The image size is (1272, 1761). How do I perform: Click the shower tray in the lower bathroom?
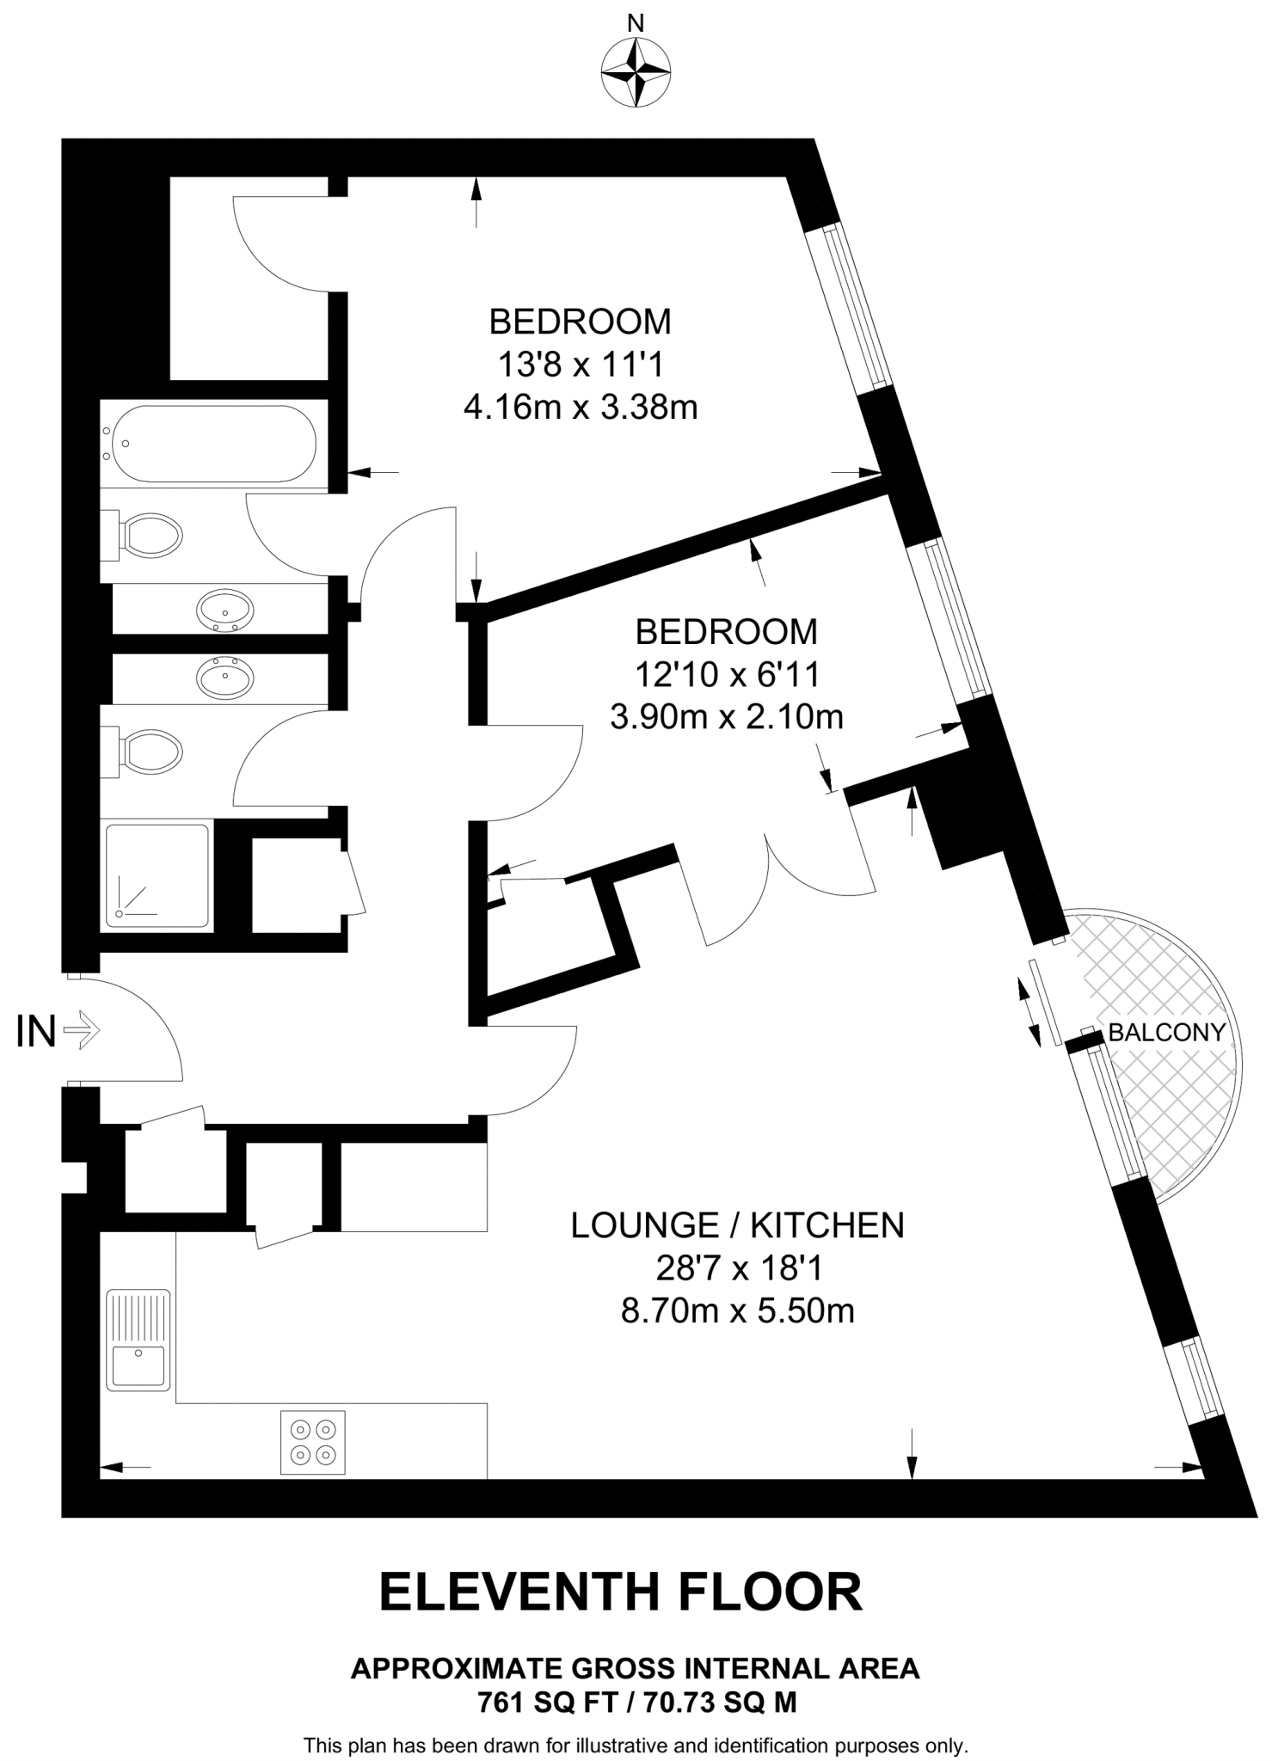point(157,876)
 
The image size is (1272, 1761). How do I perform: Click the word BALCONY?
point(1166,1032)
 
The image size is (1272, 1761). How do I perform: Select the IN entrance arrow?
point(82,1029)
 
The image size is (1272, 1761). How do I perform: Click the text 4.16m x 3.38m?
point(580,407)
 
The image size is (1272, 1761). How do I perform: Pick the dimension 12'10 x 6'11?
point(727,674)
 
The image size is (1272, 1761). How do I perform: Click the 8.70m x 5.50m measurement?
point(737,1311)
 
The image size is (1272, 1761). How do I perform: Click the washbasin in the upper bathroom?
point(225,611)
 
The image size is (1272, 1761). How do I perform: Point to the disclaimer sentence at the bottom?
point(636,1746)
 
